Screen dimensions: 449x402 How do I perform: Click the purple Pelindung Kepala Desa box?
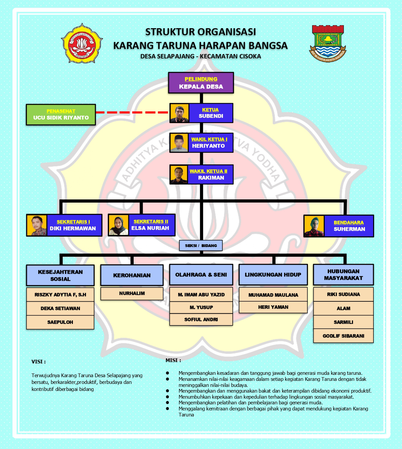201,83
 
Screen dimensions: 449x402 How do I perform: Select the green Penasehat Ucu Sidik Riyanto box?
61,115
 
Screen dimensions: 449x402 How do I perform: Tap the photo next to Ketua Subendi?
179,113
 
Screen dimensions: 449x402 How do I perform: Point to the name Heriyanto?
208,146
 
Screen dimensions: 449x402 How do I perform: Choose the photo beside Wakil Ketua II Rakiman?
179,174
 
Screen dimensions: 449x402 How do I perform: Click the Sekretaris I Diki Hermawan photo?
37,225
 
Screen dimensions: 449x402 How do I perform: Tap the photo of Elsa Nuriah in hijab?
118,225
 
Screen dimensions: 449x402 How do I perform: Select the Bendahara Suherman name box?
349,226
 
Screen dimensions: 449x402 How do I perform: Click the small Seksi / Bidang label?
201,246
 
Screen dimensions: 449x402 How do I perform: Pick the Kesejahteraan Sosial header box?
60,275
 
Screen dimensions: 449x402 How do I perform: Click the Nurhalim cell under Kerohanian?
132,293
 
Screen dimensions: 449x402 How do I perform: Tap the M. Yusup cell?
201,307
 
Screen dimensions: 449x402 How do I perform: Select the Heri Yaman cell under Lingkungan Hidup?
273,307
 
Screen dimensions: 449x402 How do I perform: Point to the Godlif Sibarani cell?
343,336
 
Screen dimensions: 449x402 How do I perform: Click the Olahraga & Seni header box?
201,275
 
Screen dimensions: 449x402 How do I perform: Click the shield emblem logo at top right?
327,42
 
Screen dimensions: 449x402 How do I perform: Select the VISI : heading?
39,362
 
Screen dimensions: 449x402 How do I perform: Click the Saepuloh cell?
60,322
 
